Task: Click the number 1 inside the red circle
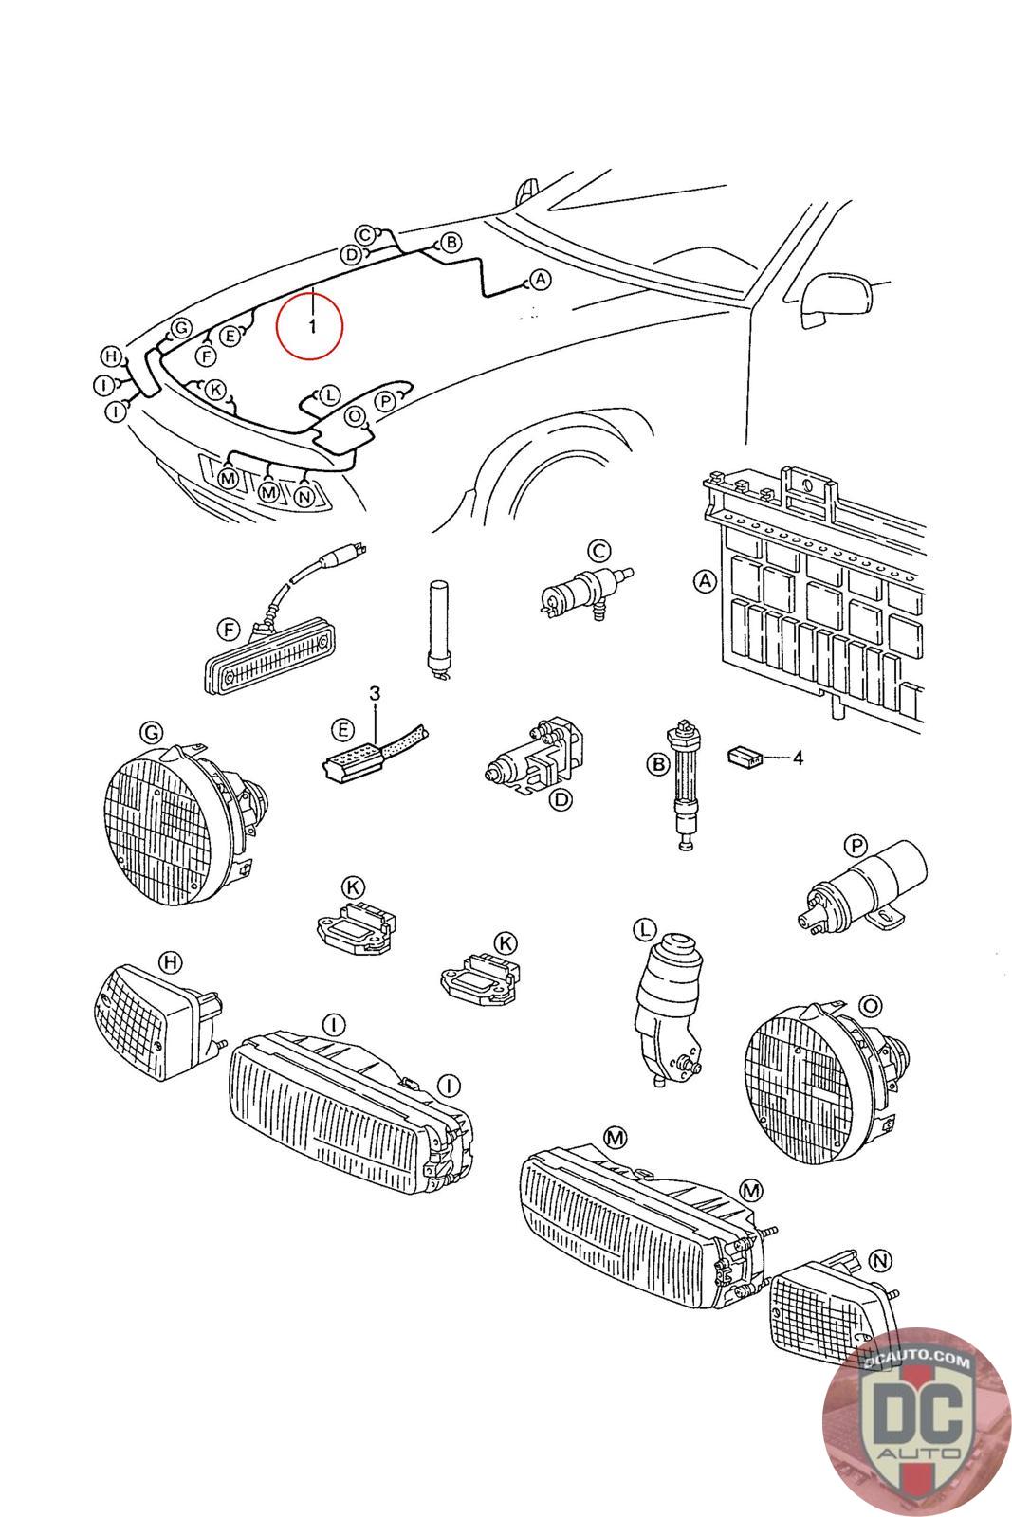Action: click(x=312, y=326)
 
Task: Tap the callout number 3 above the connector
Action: click(x=375, y=693)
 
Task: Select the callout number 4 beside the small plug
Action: click(x=798, y=758)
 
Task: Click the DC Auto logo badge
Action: click(x=916, y=1422)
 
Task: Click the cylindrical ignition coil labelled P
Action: click(x=862, y=888)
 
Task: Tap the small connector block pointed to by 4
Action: click(x=744, y=756)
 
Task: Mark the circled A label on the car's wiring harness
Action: click(x=540, y=279)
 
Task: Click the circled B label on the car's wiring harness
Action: click(x=451, y=243)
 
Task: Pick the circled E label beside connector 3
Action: click(x=343, y=729)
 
